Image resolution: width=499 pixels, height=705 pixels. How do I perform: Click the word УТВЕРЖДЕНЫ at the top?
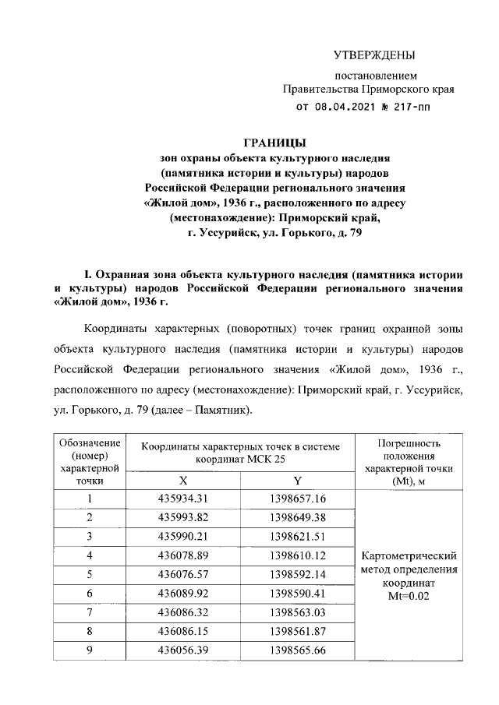tap(373, 55)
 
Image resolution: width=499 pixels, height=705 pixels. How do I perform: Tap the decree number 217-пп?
tap(425, 108)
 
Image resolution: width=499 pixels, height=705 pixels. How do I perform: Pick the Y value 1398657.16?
tap(297, 499)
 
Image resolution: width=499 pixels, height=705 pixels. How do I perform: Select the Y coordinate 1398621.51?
tap(297, 536)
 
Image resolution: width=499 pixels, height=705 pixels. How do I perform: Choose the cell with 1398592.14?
tap(297, 574)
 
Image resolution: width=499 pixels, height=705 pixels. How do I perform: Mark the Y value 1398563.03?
tap(297, 612)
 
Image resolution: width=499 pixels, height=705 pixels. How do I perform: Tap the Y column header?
tap(297, 480)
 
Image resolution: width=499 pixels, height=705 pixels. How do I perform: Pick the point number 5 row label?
tap(90, 574)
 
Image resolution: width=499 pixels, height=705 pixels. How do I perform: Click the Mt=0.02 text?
tap(409, 596)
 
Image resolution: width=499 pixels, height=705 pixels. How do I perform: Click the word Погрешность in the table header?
tap(409, 442)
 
